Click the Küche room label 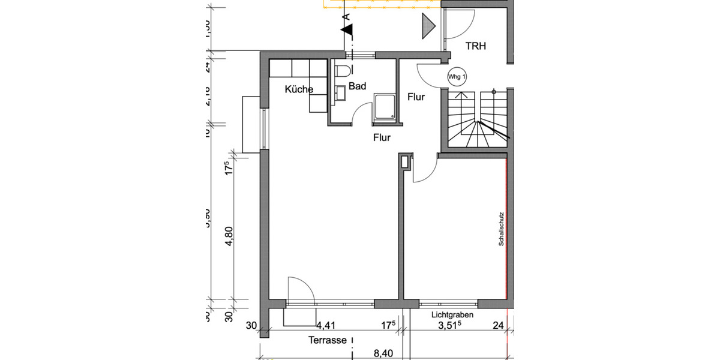(299, 89)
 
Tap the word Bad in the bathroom (358, 86)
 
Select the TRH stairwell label (476, 46)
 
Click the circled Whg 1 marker (457, 76)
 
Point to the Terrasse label (328, 340)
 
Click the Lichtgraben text (452, 315)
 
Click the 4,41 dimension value (326, 326)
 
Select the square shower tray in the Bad (384, 106)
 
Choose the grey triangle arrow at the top (428, 26)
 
